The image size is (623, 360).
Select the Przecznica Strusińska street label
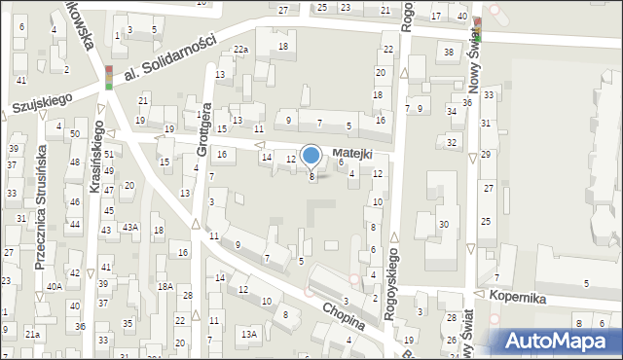coord(40,205)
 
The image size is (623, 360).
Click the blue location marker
coord(311,156)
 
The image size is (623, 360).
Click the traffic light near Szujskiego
coord(109,76)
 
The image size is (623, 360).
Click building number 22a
coord(239,50)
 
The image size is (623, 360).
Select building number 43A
coord(129,227)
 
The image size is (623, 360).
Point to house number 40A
coord(55,286)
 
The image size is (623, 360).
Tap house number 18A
coord(166,286)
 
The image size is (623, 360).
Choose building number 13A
coord(249,334)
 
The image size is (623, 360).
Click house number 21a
coord(32,334)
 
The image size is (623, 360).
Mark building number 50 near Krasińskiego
coord(74,132)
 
